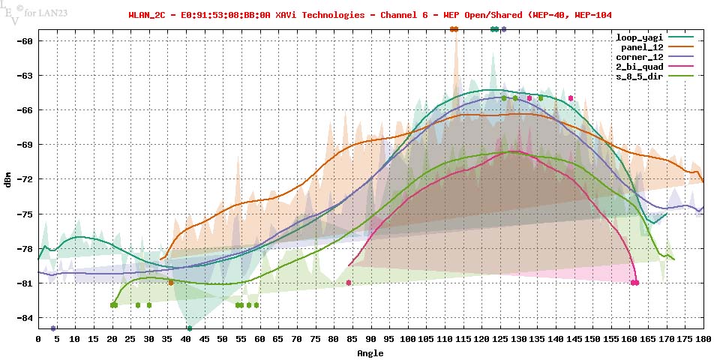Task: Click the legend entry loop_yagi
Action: point(639,37)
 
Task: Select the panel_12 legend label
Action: point(641,47)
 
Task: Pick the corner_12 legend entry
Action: point(639,57)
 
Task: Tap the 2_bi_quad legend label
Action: point(639,67)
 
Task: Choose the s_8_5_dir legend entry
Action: point(639,77)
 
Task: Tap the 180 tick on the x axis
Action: point(703,340)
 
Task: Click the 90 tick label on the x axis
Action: point(370,340)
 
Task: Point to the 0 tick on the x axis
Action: point(38,340)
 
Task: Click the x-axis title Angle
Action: point(370,352)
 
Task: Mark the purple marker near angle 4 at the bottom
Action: point(53,328)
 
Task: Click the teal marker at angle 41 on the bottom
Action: point(190,328)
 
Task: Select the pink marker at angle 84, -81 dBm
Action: point(349,283)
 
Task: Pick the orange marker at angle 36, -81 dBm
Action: point(171,283)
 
